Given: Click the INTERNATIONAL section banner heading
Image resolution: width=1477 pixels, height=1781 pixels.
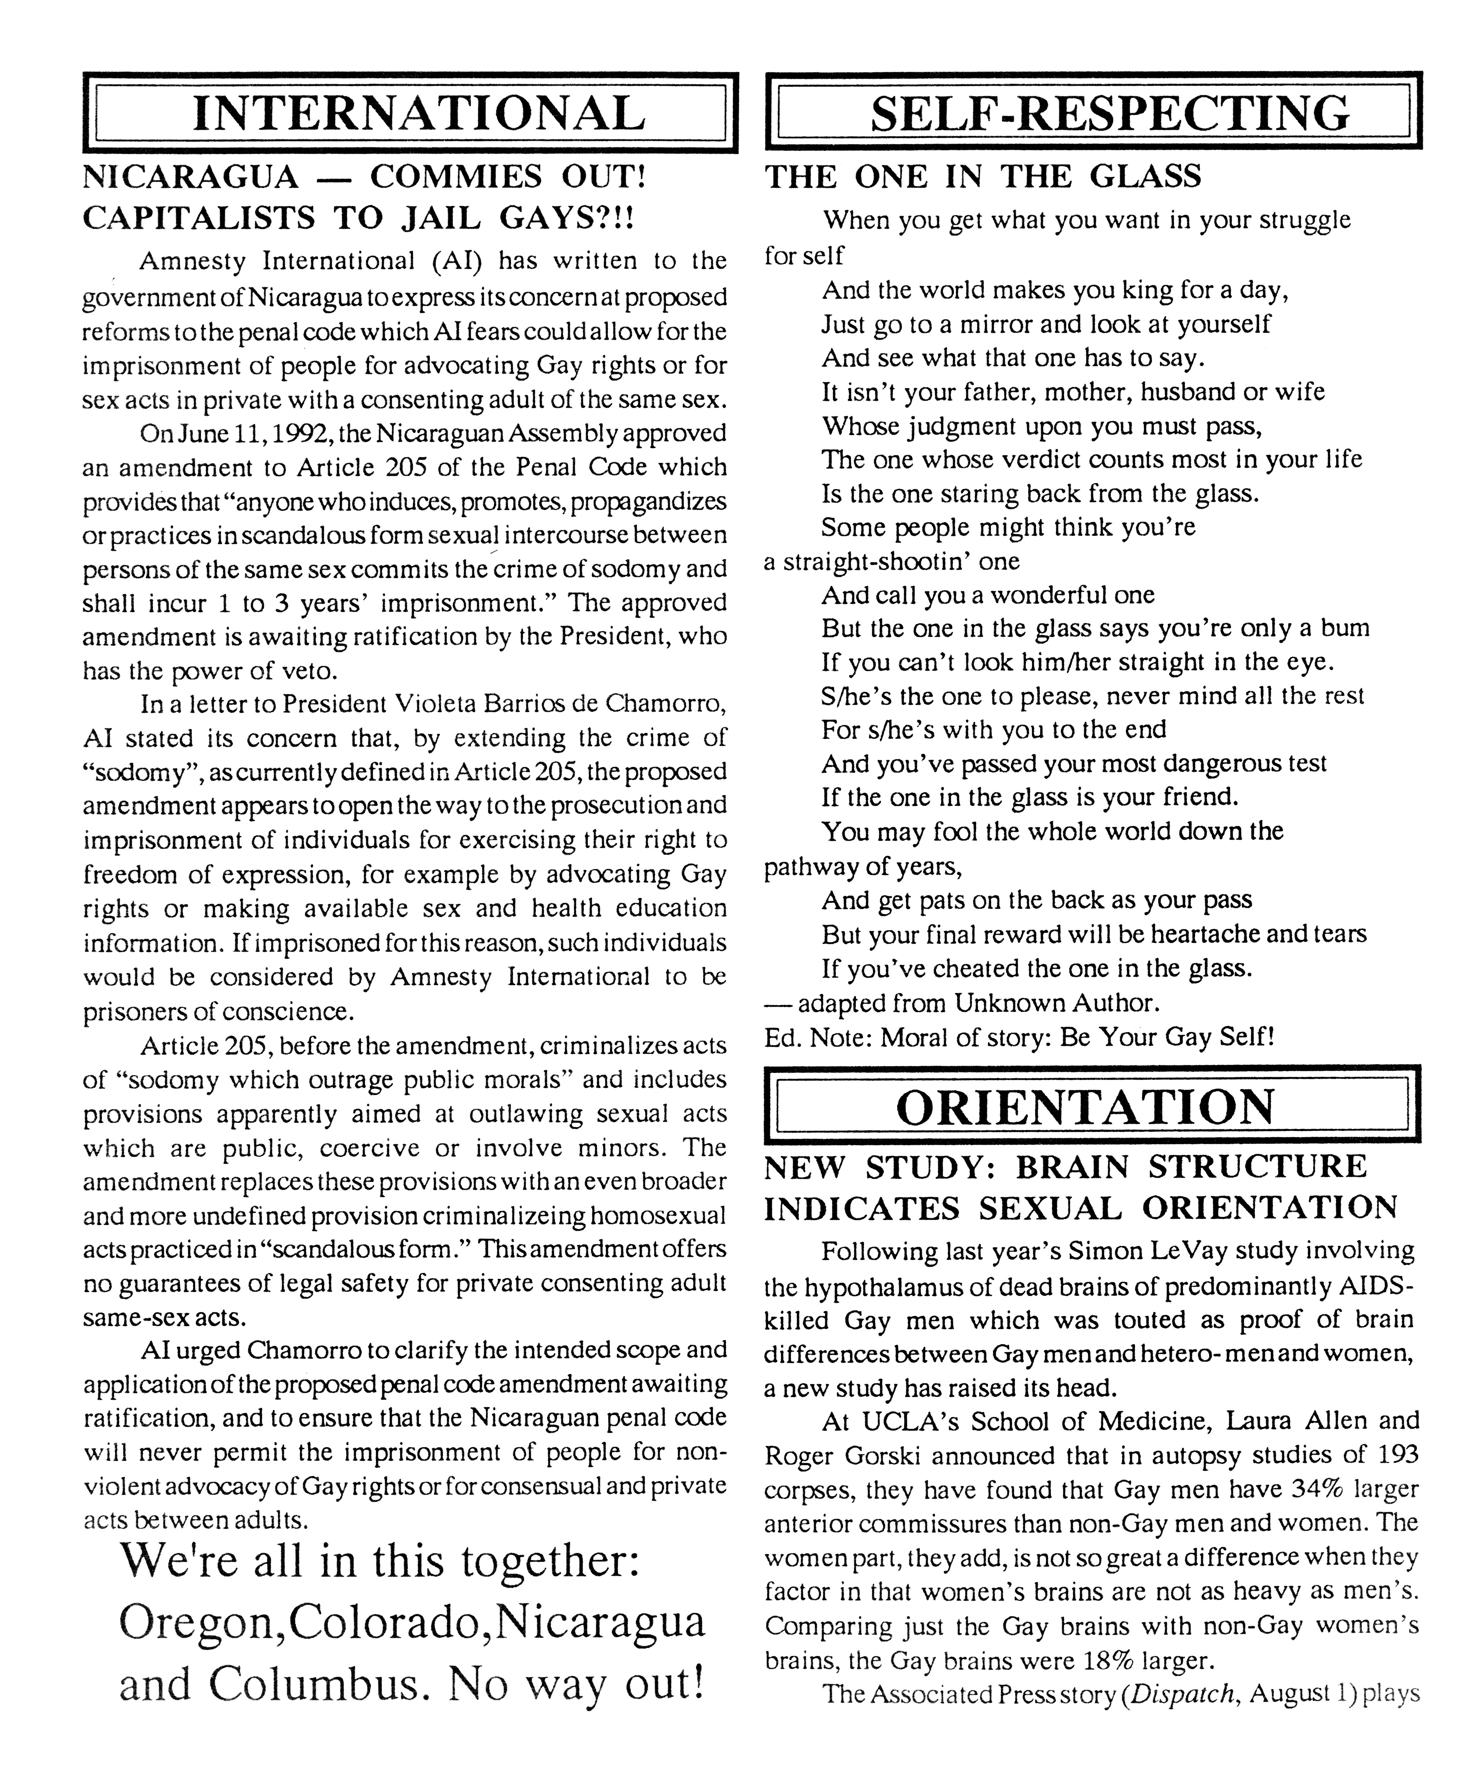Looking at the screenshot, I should pos(411,113).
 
